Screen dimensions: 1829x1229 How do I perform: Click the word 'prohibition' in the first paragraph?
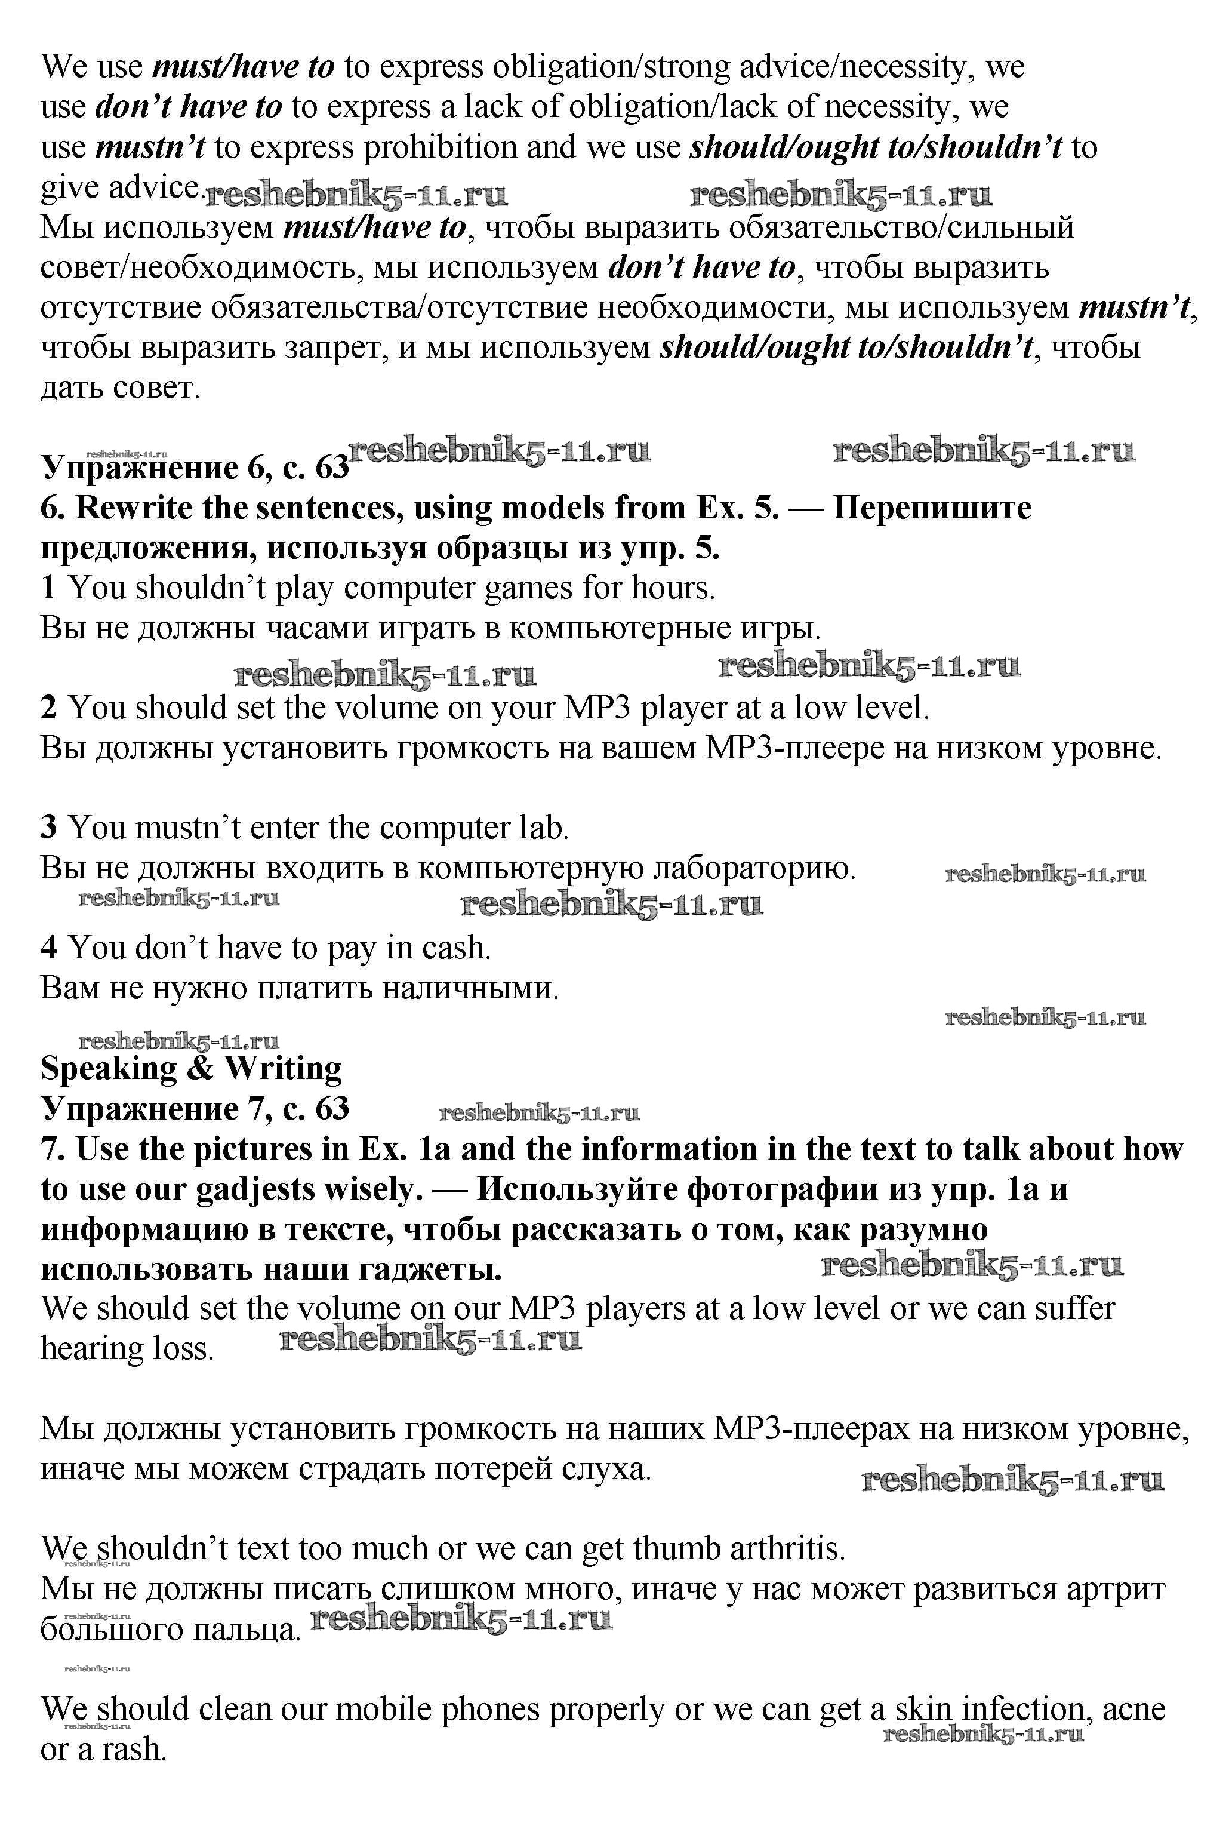(x=441, y=147)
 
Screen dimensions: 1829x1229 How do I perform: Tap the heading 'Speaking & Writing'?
(x=191, y=1068)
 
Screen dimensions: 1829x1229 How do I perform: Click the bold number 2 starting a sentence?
(x=48, y=708)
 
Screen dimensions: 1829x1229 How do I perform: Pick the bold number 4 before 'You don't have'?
(x=48, y=948)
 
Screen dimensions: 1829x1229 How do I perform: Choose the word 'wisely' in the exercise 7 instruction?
(x=368, y=1189)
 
